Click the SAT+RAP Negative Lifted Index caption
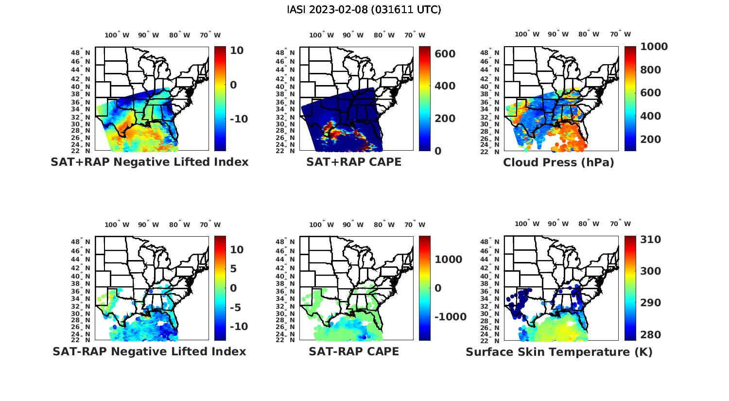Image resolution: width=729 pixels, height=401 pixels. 149,162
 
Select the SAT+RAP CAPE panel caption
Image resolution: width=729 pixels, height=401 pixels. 354,162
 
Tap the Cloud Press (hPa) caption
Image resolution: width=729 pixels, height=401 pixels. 558,162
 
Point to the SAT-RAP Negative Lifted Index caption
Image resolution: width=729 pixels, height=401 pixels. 149,351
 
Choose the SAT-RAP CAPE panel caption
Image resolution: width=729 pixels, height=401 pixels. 354,351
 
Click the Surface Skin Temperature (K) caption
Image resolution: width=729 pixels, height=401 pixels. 559,352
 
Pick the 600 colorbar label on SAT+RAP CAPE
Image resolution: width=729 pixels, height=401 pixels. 445,53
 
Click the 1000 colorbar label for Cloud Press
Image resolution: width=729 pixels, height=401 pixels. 654,47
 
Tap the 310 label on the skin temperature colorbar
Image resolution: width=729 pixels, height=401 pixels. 651,240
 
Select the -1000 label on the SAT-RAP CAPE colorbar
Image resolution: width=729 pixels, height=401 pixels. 450,317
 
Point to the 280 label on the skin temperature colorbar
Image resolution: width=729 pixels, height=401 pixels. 651,334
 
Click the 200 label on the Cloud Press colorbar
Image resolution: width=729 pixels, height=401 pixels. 651,139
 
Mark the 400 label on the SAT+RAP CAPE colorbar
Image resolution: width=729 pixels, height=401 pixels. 445,86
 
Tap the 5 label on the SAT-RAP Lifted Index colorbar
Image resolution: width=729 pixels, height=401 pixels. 233,269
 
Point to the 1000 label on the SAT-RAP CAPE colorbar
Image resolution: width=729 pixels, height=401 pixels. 448,260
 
